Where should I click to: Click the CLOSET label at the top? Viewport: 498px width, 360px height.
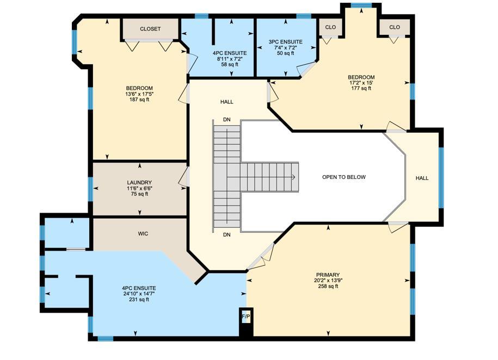[150, 29]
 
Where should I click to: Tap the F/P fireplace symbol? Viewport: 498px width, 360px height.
[245, 316]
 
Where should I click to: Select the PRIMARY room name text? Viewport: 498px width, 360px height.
[327, 275]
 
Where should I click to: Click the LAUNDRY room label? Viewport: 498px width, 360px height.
[139, 183]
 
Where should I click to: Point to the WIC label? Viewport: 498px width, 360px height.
[143, 234]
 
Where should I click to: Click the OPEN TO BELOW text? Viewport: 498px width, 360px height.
[344, 177]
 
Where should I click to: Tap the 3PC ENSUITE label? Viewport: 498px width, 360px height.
[285, 42]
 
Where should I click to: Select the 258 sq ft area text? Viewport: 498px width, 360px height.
[327, 287]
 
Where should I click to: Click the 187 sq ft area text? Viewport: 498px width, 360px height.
[139, 100]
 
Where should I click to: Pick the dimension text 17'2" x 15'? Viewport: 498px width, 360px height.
[362, 83]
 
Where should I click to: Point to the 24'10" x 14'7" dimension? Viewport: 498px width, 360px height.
[139, 294]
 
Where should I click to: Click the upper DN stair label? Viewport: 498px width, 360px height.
[227, 120]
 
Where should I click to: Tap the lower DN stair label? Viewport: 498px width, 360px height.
[227, 235]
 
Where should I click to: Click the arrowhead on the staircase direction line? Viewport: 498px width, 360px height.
[293, 177]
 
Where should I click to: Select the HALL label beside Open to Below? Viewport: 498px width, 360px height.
[422, 178]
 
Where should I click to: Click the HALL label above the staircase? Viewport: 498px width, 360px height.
[227, 102]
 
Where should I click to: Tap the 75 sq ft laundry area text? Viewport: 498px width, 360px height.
[139, 194]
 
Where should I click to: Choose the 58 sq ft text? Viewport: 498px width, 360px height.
[230, 65]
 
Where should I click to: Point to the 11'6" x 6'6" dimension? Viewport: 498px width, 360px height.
[139, 189]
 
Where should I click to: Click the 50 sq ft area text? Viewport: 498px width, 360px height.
[285, 53]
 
